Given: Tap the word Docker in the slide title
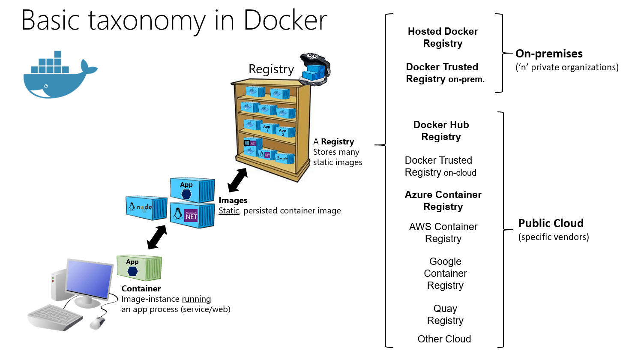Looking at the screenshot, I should coord(285,20).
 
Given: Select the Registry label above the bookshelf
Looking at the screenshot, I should coord(271,69).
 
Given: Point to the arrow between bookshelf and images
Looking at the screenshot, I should coord(237,180).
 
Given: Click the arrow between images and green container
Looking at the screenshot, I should coord(157,237).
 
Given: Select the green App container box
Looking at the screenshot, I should coord(139,268).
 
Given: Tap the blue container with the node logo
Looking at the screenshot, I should coord(146,208).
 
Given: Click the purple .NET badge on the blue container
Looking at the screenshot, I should coord(191,215).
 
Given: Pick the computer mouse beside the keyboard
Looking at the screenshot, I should coord(98,322).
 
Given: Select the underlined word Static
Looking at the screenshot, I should coord(229,210).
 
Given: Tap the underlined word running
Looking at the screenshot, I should coord(196,299).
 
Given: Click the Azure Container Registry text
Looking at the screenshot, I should coord(443,201).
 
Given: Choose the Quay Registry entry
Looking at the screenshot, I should coord(445,315).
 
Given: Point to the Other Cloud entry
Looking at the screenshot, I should coord(444,339).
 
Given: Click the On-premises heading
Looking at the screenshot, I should coord(549,54).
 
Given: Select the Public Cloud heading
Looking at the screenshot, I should coord(551,223).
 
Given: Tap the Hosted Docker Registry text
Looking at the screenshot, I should coord(443,37).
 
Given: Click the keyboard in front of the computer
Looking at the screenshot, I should coord(55,317).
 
